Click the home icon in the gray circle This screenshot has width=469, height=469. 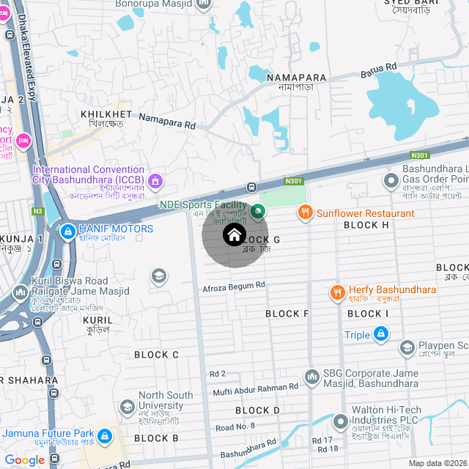pos(234,235)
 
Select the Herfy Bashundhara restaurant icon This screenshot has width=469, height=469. pos(337,291)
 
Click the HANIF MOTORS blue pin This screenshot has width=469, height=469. pos(67,230)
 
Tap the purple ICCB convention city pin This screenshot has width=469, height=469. pos(155,180)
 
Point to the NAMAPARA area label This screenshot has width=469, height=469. pos(297,78)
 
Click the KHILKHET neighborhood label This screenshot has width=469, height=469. pos(106,115)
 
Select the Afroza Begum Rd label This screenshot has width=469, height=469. pos(233,287)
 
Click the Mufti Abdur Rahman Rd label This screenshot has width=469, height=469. pos(256,388)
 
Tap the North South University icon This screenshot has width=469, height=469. pos(128,406)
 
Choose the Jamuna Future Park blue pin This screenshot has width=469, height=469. pos(105,437)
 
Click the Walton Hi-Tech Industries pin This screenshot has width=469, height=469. pos(340,423)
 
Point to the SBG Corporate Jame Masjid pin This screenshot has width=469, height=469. pos(312,375)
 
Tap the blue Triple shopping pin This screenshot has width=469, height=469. pos(380,335)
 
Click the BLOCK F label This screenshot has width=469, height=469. pos(287,314)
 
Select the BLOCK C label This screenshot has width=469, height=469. pos(156,355)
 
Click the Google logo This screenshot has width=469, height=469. pos(24,460)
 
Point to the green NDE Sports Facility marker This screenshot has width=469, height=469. pos(257,213)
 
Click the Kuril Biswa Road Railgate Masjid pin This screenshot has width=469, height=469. pos(19,293)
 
